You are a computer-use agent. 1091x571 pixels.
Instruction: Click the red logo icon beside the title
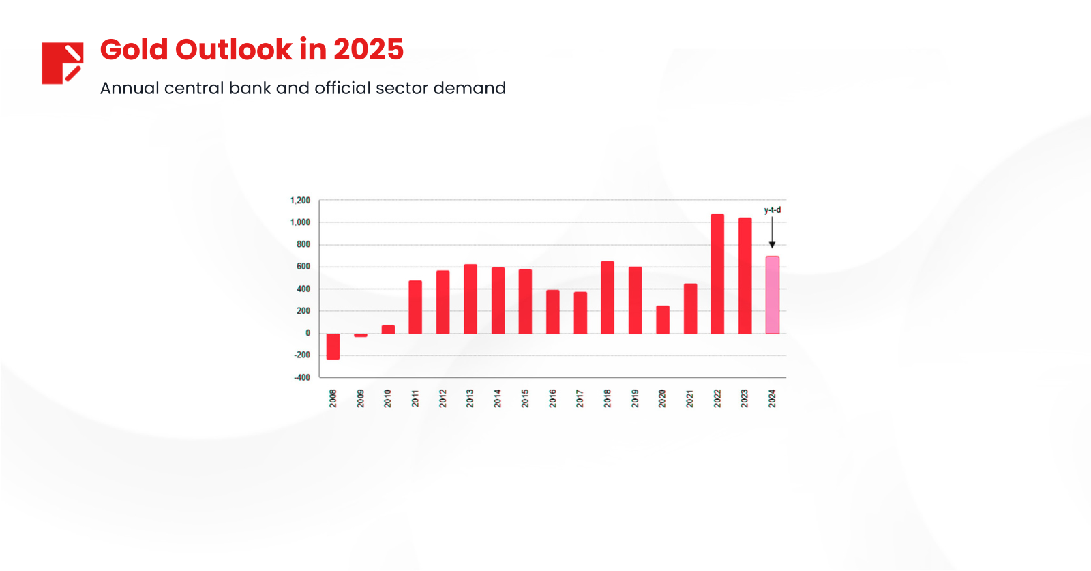62,63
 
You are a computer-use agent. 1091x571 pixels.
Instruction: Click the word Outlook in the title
233,50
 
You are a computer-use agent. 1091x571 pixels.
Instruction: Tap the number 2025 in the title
368,50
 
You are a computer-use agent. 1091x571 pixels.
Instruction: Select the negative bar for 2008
333,346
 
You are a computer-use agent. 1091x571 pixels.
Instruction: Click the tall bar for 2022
717,274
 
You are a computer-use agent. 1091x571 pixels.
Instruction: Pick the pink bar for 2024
772,295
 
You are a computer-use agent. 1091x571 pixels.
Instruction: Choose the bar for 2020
663,319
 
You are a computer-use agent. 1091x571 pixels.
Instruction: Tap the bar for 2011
415,307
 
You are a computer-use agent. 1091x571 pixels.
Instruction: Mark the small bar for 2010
388,330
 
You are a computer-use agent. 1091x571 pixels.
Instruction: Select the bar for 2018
608,297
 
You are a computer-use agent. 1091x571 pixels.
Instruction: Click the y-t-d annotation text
772,210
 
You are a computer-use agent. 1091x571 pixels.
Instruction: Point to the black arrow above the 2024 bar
772,233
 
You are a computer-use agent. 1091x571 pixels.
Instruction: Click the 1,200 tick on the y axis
300,201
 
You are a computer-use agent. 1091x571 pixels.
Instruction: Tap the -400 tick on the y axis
301,377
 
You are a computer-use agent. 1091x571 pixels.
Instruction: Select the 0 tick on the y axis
308,333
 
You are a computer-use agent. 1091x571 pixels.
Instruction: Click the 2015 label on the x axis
525,398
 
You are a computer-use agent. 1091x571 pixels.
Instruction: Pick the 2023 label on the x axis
745,398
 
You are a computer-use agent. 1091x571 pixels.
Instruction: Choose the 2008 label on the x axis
333,398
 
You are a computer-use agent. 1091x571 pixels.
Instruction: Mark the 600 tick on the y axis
303,267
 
